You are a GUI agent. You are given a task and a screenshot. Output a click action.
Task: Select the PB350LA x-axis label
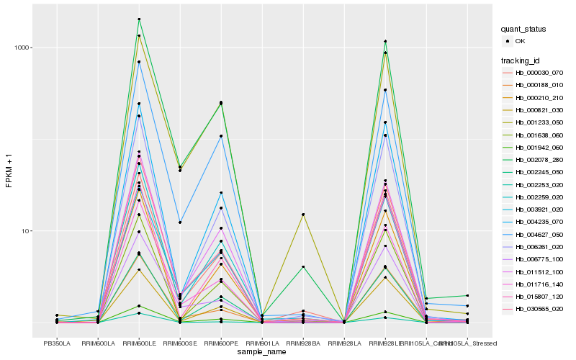[56, 343]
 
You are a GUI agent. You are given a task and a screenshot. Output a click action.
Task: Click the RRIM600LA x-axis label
[97, 343]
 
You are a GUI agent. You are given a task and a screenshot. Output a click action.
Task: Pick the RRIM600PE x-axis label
[221, 343]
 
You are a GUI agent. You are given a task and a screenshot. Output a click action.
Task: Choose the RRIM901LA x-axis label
[262, 343]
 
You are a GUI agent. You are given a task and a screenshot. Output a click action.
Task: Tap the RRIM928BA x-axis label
[303, 343]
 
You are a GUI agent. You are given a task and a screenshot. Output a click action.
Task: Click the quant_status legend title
[523, 29]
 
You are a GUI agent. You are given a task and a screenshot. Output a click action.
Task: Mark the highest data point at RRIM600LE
[138, 19]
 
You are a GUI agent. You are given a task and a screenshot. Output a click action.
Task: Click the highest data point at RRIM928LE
[385, 41]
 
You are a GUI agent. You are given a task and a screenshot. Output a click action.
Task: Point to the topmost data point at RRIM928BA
[303, 215]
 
